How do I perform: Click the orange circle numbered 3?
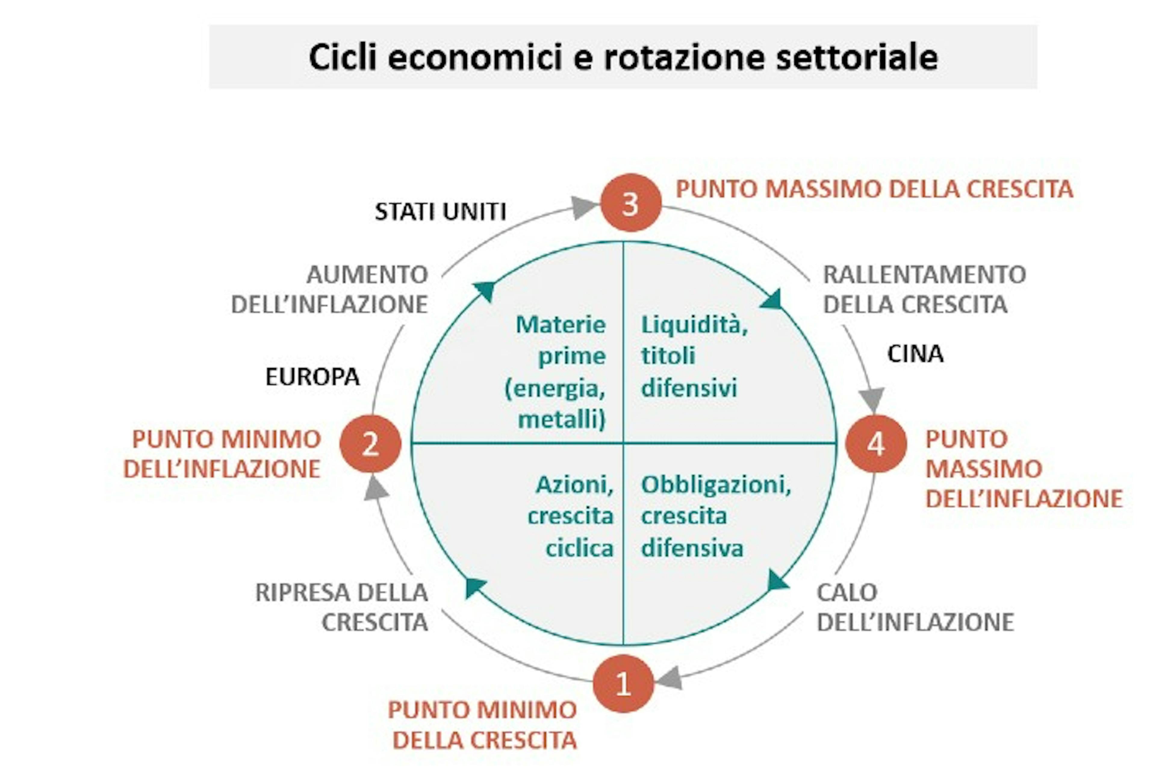pos(631,203)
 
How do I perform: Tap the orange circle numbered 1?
pos(623,683)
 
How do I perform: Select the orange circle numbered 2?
pos(371,444)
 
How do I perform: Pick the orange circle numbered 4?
pos(876,444)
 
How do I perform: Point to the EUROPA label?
pos(312,377)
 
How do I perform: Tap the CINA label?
pos(915,354)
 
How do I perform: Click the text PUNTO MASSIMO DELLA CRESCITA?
pos(874,189)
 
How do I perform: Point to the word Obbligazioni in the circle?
pos(716,485)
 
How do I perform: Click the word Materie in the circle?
pos(560,325)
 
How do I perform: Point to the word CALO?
pos(847,592)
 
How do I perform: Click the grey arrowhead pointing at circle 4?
pos(872,399)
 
